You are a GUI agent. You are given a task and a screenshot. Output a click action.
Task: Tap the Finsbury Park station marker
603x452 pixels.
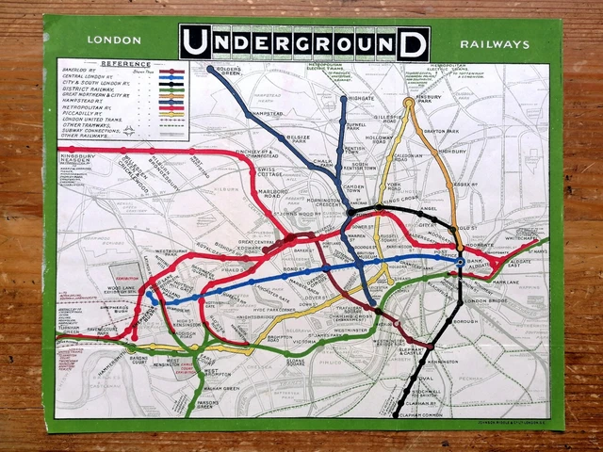[x=409, y=102]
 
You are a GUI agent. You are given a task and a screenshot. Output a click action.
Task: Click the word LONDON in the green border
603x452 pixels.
[x=113, y=40]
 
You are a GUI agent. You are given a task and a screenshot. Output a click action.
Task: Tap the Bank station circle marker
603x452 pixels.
[x=460, y=263]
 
